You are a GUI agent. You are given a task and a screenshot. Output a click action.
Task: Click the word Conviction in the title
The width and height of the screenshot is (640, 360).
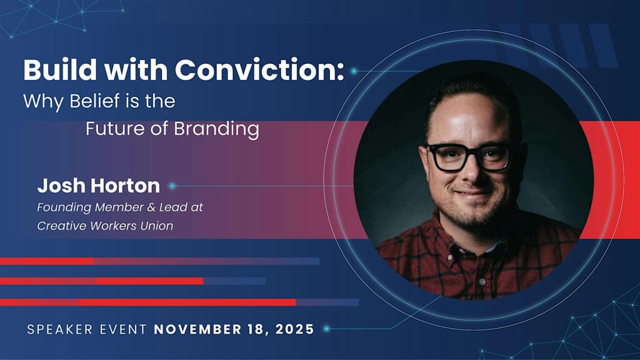tap(259, 70)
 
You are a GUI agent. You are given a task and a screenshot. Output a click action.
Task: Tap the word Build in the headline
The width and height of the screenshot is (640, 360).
tap(60, 70)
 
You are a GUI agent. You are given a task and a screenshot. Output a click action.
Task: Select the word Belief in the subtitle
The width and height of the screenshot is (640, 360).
tap(95, 101)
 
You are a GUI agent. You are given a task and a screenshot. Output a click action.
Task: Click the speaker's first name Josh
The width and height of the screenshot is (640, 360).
tap(61, 186)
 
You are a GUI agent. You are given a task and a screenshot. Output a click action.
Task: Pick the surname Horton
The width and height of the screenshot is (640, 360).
tap(125, 186)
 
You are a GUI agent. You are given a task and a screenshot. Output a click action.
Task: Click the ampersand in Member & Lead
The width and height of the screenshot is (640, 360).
tap(151, 207)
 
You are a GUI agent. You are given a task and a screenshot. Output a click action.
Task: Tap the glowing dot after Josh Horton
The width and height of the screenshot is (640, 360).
tap(172, 186)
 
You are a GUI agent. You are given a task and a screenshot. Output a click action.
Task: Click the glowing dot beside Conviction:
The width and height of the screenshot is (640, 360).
tap(354, 71)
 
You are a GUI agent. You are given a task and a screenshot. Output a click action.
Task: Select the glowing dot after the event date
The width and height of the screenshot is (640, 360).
tap(326, 329)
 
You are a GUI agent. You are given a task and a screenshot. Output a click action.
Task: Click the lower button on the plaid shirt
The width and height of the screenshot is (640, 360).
tap(482, 282)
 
